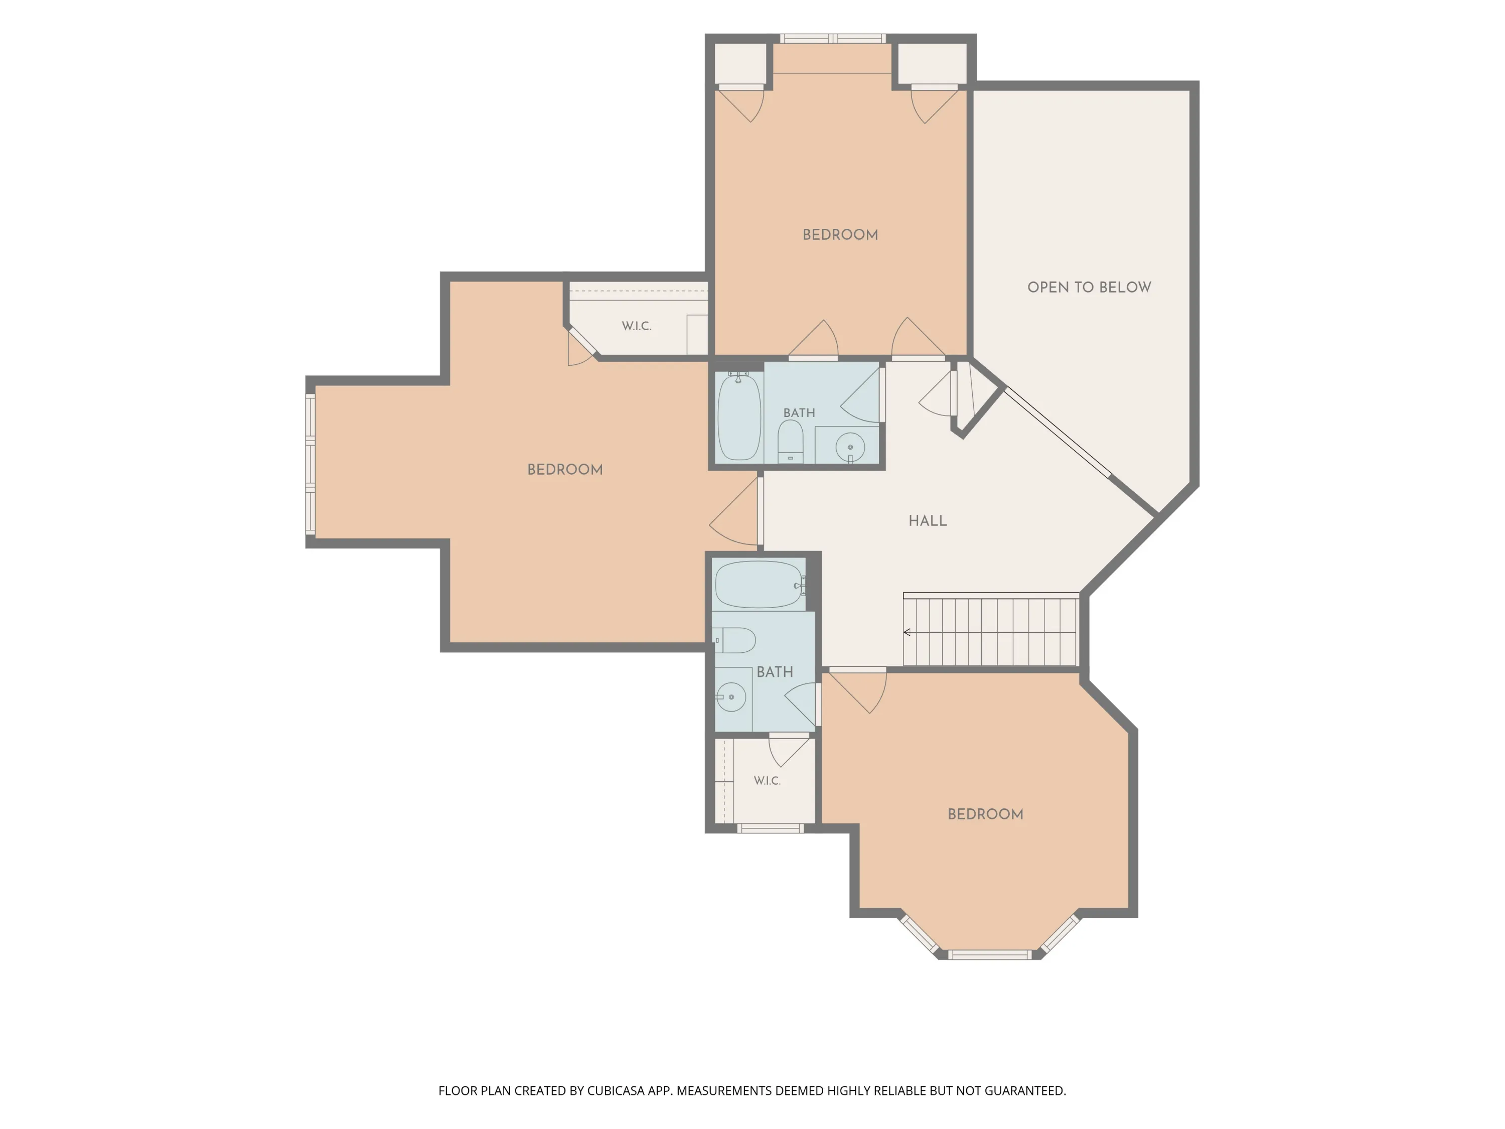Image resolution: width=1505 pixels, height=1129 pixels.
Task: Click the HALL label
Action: [x=928, y=521]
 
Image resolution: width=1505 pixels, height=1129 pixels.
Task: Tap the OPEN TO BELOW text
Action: [x=1089, y=287]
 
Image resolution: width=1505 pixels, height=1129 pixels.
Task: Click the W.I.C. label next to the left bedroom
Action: [x=637, y=326]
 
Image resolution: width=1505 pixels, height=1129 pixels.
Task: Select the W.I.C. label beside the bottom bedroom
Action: [x=767, y=781]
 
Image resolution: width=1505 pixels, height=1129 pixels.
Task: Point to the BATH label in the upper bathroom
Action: [x=799, y=413]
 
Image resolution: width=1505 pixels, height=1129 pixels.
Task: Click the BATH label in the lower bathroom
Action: [x=775, y=672]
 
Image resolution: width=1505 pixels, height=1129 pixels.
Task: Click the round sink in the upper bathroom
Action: [x=850, y=448]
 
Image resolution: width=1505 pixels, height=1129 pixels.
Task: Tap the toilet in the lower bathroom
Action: [x=735, y=640]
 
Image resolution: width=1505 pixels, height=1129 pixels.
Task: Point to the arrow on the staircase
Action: [x=990, y=632]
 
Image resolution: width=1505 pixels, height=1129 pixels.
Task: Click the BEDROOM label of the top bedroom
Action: [x=840, y=235]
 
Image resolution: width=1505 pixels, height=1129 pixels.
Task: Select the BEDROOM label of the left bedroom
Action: [x=565, y=470]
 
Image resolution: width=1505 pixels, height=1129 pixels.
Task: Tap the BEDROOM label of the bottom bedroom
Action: [x=985, y=814]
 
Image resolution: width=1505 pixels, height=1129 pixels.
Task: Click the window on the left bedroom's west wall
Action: [x=310, y=464]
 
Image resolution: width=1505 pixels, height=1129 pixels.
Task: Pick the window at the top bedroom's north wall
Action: [x=833, y=39]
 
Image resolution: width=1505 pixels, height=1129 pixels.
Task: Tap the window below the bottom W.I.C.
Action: [x=770, y=828]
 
